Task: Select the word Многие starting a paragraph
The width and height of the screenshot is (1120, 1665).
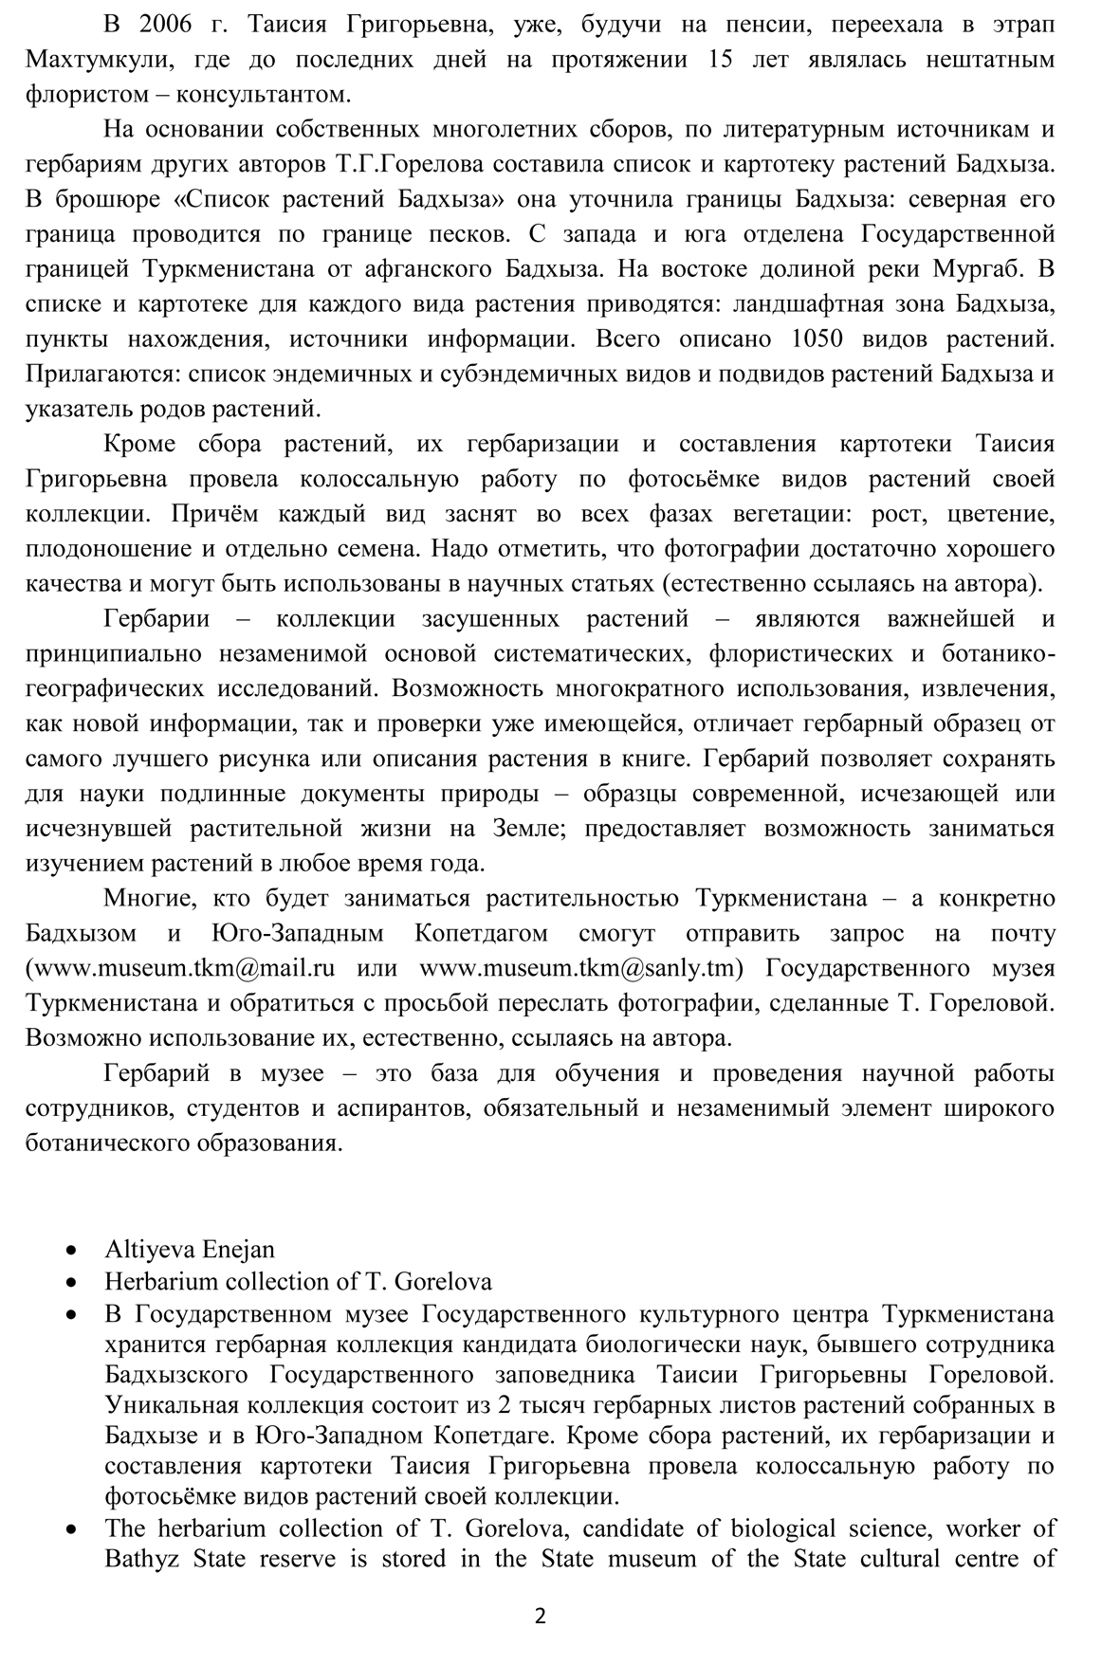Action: click(149, 898)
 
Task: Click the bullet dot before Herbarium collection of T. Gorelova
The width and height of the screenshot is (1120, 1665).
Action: click(73, 1282)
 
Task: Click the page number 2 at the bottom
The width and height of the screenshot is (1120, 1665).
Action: click(541, 1618)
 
